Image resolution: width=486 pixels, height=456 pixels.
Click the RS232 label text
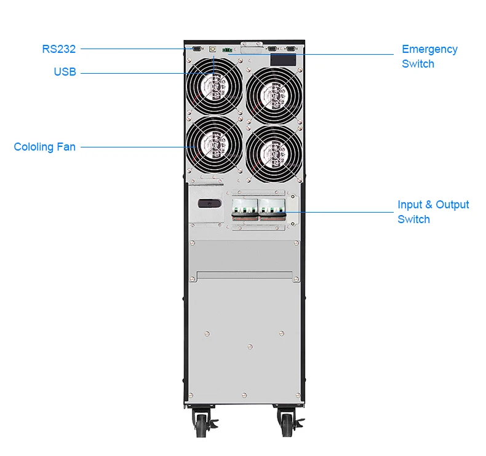(58, 49)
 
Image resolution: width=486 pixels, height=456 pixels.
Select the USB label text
(65, 73)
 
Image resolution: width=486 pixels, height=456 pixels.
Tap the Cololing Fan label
(44, 147)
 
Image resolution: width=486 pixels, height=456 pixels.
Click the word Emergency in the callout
(429, 49)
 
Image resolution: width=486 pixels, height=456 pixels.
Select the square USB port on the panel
(212, 47)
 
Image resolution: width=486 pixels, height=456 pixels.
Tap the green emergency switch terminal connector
(228, 48)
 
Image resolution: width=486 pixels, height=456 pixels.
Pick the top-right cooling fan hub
(274, 93)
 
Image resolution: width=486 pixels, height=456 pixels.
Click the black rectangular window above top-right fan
(284, 60)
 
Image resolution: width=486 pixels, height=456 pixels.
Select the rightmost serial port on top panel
(290, 47)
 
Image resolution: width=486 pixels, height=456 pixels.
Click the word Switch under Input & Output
(413, 219)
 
